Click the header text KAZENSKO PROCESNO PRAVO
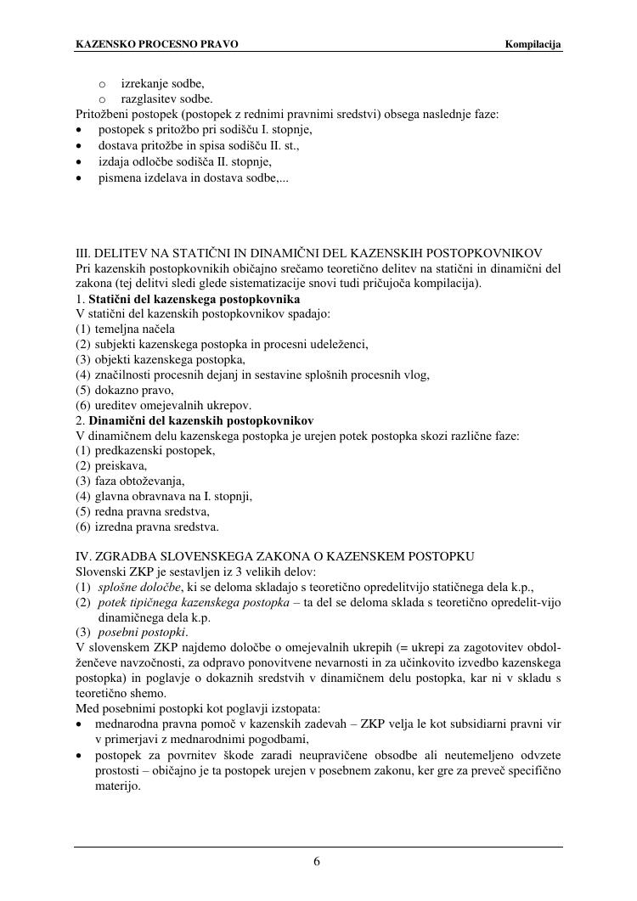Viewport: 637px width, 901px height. pyautogui.click(x=157, y=44)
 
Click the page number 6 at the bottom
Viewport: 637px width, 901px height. pyautogui.click(x=317, y=862)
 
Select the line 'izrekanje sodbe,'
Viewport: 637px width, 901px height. pyautogui.click(x=162, y=83)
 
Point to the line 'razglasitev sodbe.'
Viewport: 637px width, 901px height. pyautogui.click(x=166, y=99)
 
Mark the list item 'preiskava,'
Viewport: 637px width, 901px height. pyautogui.click(x=121, y=465)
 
